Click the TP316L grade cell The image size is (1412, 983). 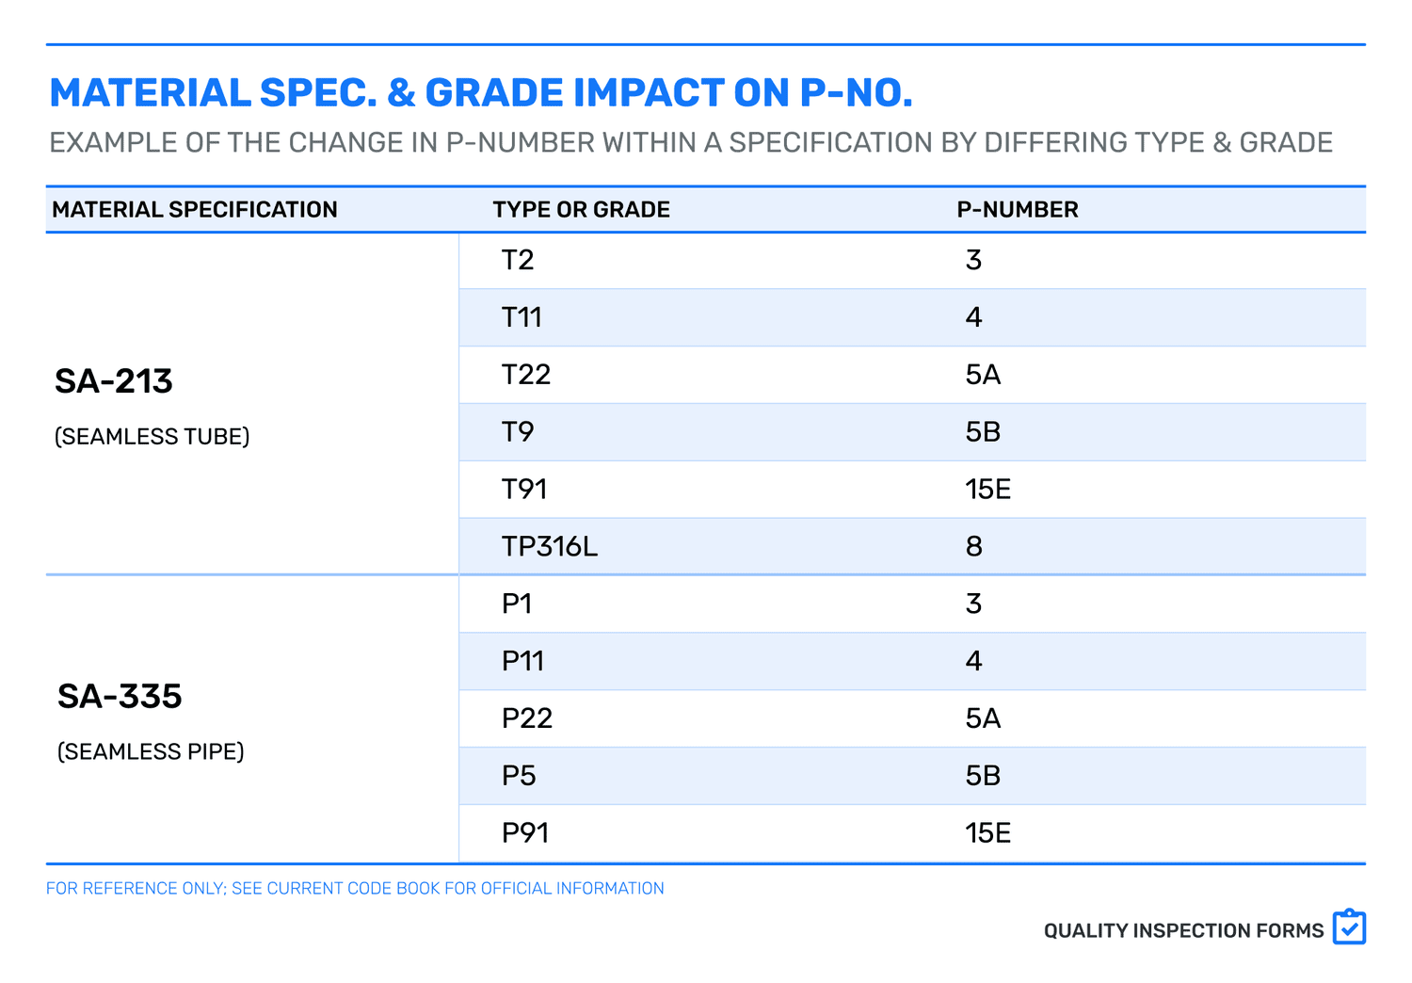(x=549, y=546)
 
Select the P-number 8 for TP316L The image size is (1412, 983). (x=973, y=546)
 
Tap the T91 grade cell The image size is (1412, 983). (x=524, y=489)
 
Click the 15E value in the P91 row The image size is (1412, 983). (x=987, y=832)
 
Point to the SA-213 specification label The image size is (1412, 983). (x=114, y=381)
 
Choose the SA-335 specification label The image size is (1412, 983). (x=120, y=697)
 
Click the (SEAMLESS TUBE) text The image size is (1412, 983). (x=152, y=437)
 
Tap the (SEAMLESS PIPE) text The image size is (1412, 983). (x=151, y=751)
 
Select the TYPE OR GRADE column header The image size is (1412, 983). (x=581, y=210)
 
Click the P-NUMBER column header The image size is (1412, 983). (x=1017, y=210)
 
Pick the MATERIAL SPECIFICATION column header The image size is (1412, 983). (x=195, y=210)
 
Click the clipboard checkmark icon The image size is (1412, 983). (x=1349, y=927)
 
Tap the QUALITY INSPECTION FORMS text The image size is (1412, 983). (x=1183, y=931)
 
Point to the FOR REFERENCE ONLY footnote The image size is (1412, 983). (x=355, y=888)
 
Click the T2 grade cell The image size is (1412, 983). (x=518, y=260)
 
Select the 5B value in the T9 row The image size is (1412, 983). (x=983, y=431)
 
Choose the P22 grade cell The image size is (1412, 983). (x=526, y=718)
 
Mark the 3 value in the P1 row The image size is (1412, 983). (x=973, y=604)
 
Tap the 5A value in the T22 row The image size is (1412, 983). (x=983, y=375)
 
